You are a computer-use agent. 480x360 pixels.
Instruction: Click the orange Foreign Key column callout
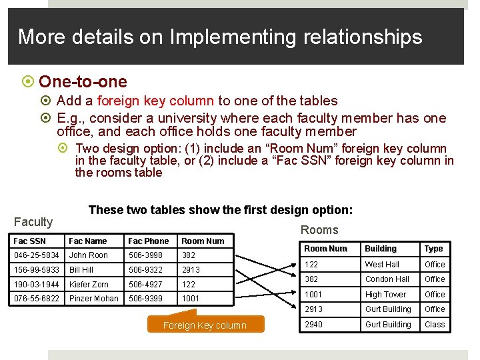click(x=205, y=325)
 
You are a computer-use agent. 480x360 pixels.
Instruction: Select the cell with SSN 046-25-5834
click(x=37, y=255)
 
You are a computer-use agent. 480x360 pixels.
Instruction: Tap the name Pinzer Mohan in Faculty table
click(x=93, y=298)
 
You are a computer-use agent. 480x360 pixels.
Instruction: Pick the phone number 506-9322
click(x=145, y=270)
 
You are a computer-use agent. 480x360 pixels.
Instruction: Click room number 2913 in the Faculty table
click(x=191, y=270)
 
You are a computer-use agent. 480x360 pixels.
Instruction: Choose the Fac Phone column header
click(x=148, y=241)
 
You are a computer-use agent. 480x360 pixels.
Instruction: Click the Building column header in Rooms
click(x=381, y=249)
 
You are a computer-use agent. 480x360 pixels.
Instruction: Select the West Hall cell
click(x=382, y=265)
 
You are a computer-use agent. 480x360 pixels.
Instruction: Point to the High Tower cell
click(x=385, y=294)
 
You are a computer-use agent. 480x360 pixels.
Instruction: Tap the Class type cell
click(x=435, y=325)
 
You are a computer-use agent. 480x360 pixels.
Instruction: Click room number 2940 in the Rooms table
click(x=313, y=325)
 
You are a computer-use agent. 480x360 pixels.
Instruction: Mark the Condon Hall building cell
click(x=387, y=279)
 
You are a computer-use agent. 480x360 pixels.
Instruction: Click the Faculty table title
click(x=33, y=222)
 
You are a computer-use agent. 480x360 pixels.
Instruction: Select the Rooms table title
click(x=319, y=230)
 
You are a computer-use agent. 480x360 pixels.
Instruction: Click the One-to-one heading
click(x=83, y=82)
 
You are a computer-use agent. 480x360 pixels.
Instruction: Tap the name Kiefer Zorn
click(x=89, y=284)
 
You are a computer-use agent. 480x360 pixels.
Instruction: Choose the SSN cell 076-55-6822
click(x=37, y=298)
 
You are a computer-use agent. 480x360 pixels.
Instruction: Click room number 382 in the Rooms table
click(x=311, y=279)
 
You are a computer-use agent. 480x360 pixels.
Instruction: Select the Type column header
click(x=433, y=249)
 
